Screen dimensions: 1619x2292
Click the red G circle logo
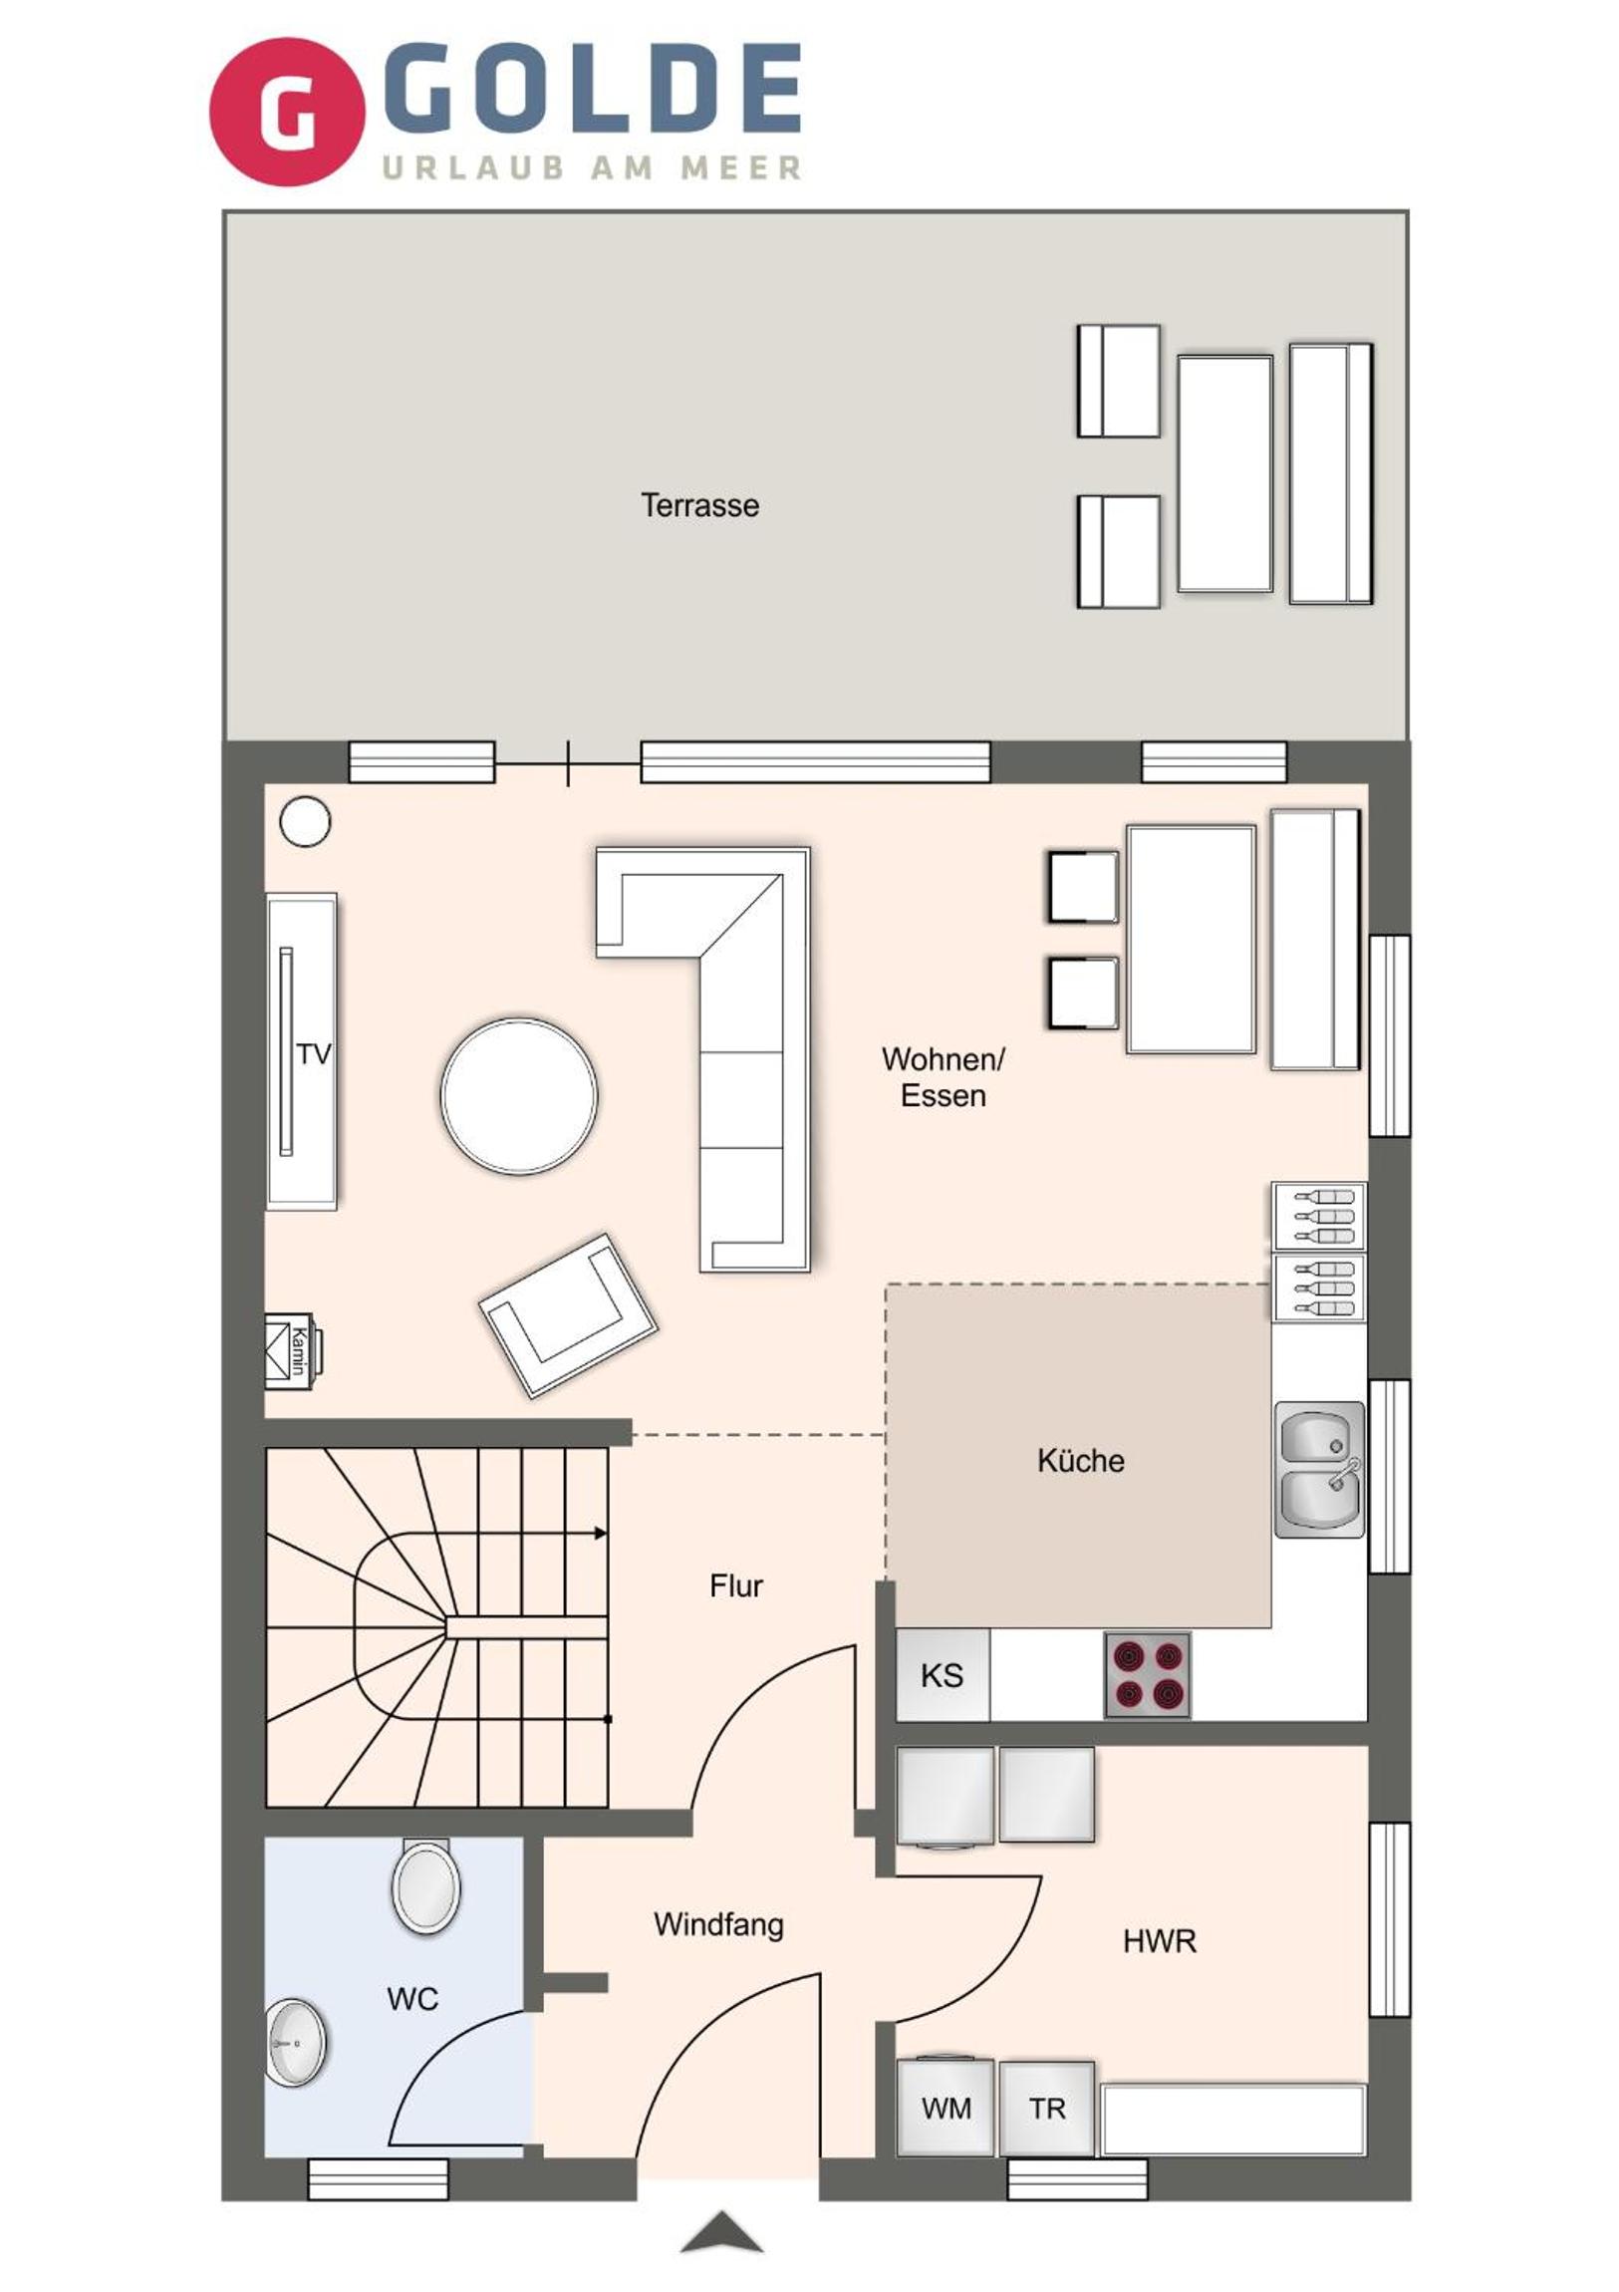click(x=288, y=111)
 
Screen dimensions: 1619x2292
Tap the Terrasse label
click(x=699, y=505)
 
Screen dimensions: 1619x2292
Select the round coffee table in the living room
click(x=519, y=1095)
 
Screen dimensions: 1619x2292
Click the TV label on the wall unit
click(x=314, y=1054)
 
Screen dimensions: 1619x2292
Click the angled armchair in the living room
click(x=569, y=1315)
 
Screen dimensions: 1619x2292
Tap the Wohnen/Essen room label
click(x=944, y=1077)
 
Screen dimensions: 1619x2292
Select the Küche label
click(x=1081, y=1461)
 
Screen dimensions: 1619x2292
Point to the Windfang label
click(x=718, y=1923)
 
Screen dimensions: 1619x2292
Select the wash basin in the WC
click(x=297, y=2043)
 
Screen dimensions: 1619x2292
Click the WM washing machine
click(x=945, y=2108)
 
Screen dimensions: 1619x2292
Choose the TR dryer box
click(x=1047, y=2108)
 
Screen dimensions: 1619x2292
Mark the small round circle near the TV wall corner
click(x=306, y=821)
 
